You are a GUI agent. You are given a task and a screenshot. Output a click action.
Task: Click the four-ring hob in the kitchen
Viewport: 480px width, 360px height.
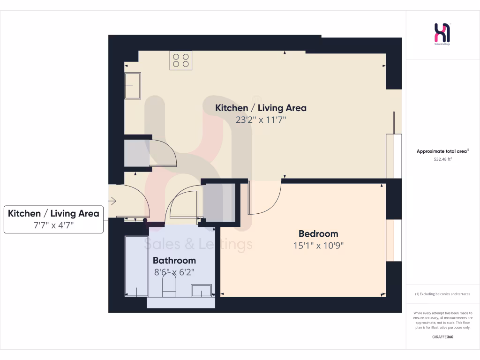coord(181,60)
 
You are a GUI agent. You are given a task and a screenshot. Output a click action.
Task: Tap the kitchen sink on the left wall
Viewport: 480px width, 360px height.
coord(132,86)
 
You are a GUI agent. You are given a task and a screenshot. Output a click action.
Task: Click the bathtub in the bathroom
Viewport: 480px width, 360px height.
coord(136,266)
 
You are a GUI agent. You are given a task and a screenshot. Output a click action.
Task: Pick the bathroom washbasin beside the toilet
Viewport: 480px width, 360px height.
coord(201,291)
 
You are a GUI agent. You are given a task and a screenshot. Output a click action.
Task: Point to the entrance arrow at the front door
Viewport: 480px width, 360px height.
coord(112,201)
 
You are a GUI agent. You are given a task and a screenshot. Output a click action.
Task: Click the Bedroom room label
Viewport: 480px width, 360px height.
coord(318,233)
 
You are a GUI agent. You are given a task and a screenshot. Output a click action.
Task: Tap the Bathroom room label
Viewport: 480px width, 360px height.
coord(174,260)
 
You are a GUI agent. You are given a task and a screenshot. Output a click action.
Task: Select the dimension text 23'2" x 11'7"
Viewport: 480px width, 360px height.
coord(261,120)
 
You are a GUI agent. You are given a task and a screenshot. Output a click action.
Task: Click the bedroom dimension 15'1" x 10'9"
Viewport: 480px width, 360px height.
coord(318,245)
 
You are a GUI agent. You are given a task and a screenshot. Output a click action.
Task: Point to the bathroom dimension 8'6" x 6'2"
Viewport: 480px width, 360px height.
coord(174,271)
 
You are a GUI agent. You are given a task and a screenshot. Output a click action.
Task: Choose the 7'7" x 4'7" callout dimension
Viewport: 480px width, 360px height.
coord(53,225)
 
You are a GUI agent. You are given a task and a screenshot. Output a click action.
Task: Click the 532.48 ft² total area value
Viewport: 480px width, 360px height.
coord(442,159)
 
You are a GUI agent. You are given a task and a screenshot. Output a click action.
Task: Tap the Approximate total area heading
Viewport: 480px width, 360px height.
coord(442,151)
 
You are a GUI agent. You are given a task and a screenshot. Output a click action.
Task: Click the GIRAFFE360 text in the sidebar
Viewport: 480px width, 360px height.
coord(443,337)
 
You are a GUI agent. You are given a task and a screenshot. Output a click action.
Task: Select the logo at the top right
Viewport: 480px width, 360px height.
coord(442,34)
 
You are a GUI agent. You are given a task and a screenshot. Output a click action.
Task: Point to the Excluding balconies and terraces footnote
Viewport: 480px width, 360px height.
coord(442,294)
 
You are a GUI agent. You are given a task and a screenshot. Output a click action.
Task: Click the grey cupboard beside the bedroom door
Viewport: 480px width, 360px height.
coord(219,202)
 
